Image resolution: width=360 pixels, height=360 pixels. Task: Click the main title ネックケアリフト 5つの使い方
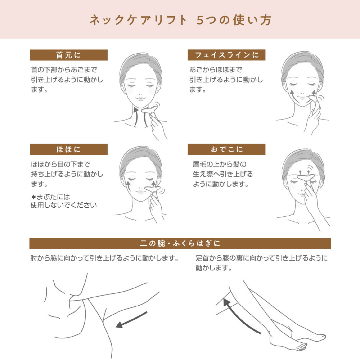pyautogui.click(x=180, y=20)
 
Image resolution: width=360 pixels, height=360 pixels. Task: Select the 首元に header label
pyautogui.click(x=68, y=55)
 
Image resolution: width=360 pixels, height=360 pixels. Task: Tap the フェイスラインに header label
pyautogui.click(x=226, y=55)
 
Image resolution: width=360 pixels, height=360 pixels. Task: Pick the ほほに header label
pyautogui.click(x=68, y=149)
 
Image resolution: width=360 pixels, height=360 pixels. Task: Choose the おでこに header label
pyautogui.click(x=226, y=149)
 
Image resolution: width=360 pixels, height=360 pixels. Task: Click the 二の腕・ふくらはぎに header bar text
pyautogui.click(x=180, y=243)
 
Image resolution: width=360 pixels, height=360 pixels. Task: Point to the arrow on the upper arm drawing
pyautogui.click(x=131, y=320)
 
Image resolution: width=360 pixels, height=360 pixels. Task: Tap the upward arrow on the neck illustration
pyautogui.click(x=136, y=117)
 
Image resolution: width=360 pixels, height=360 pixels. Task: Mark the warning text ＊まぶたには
pyautogui.click(x=50, y=197)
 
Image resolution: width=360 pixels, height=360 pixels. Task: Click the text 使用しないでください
pyautogui.click(x=64, y=205)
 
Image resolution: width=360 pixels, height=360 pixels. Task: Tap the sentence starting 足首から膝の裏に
pyautogui.click(x=261, y=263)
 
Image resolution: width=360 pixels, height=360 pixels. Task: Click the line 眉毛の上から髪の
pyautogui.click(x=220, y=165)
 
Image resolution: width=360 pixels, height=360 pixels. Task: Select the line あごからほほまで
pyautogui.click(x=215, y=70)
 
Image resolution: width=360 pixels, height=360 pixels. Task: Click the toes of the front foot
pyautogui.click(x=302, y=346)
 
